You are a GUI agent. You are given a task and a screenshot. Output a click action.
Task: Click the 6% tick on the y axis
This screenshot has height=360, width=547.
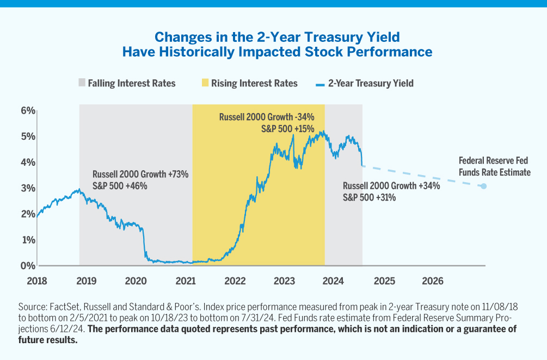[x=28, y=111]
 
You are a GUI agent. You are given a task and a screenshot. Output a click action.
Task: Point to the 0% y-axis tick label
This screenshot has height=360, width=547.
[x=28, y=266]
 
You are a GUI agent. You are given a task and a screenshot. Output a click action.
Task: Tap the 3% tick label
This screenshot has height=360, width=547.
[x=28, y=188]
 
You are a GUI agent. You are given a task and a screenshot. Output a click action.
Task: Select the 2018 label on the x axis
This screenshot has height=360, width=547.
[x=36, y=281]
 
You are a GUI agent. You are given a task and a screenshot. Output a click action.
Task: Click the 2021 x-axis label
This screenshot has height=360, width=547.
[x=186, y=281]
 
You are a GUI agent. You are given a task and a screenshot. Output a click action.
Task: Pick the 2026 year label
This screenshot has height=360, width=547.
[x=433, y=281]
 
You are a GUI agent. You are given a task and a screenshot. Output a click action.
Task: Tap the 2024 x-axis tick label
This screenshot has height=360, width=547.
[x=333, y=281]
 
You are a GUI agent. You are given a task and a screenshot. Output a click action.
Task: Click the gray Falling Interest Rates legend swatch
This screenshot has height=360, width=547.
[x=82, y=83]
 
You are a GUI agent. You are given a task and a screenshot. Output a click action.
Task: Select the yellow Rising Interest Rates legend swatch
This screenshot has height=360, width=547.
[x=205, y=83]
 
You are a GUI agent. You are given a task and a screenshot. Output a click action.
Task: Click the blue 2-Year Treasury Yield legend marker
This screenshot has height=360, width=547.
[x=321, y=84]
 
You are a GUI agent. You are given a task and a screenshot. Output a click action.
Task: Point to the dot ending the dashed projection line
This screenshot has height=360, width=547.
[x=483, y=187]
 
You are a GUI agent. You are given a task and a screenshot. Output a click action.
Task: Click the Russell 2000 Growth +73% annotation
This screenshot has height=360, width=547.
[x=140, y=175]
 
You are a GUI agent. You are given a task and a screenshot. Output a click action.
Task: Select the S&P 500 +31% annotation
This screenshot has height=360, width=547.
[x=369, y=197]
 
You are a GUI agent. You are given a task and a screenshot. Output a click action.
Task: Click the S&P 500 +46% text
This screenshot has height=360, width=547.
[x=120, y=186]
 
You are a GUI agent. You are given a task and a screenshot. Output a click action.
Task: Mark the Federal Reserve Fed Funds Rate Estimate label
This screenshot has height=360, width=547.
[x=494, y=167]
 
